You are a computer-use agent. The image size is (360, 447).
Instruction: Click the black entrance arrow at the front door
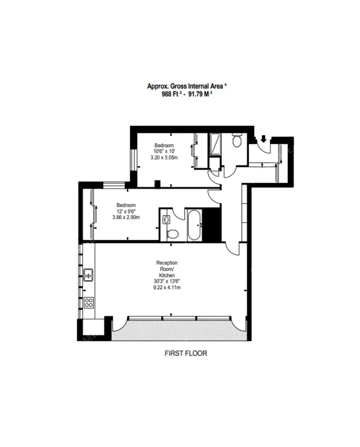click(x=264, y=139)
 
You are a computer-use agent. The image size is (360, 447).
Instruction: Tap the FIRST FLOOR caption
click(x=186, y=353)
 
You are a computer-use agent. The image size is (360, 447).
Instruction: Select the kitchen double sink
click(x=88, y=274)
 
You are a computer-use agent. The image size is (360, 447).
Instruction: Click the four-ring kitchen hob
click(x=89, y=303)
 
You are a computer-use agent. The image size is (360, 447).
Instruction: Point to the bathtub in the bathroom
click(x=195, y=225)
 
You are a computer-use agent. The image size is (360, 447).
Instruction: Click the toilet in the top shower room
click(x=237, y=140)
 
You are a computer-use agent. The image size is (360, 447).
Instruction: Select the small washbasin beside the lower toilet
click(x=166, y=220)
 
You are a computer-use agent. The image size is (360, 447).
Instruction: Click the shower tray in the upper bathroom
click(x=215, y=144)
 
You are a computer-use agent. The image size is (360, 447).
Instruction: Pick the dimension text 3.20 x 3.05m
click(x=164, y=157)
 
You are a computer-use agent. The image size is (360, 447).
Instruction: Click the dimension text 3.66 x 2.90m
click(x=126, y=217)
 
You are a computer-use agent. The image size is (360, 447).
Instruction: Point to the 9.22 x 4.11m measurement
click(x=167, y=287)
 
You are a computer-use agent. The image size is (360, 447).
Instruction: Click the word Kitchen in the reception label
click(x=167, y=275)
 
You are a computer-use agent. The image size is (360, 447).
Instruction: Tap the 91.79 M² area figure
click(x=200, y=94)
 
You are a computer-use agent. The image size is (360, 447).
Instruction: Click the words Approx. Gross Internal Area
click(x=185, y=86)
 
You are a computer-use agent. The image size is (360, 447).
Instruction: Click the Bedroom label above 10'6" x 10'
click(x=164, y=145)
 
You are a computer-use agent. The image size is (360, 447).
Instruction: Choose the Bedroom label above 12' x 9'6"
click(x=126, y=205)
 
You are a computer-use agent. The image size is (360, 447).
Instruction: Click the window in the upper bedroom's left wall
click(x=133, y=160)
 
